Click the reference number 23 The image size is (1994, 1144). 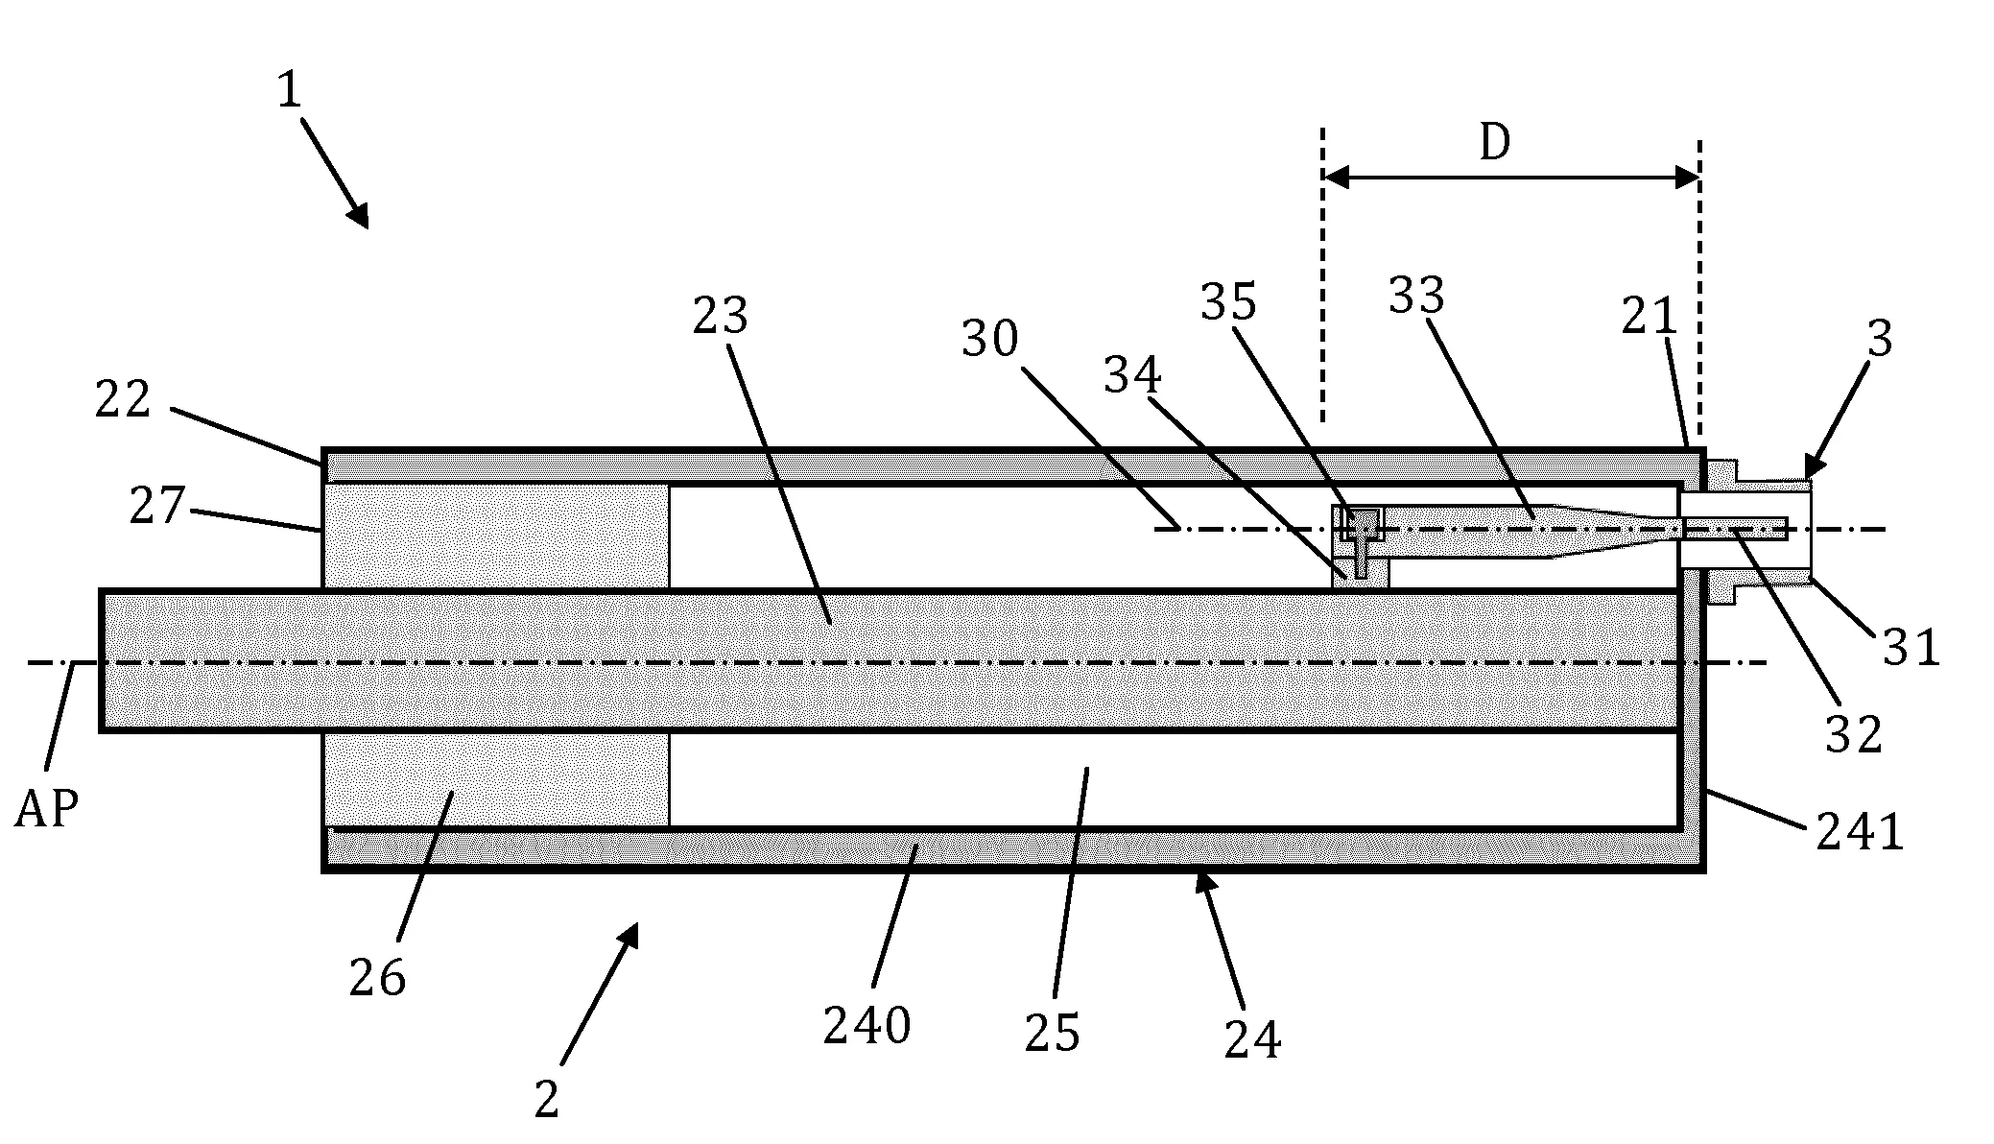[720, 315]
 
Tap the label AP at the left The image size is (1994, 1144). [46, 810]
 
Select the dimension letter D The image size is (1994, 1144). [1494, 143]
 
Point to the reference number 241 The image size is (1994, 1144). [1860, 832]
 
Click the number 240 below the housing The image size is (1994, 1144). [866, 1027]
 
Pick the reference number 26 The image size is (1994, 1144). [377, 978]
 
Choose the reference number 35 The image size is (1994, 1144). [1228, 302]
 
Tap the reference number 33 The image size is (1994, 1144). [1416, 296]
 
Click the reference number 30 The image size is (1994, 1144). [989, 339]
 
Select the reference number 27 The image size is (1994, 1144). [157, 505]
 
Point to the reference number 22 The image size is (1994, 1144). [123, 399]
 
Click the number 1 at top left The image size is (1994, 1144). [289, 91]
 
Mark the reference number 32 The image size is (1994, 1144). [1853, 735]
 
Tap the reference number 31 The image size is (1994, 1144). [1911, 648]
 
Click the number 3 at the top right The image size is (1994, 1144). [1880, 339]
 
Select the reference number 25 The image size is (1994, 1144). [1052, 1033]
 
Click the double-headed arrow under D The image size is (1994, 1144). [1511, 178]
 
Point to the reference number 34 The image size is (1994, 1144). [1132, 375]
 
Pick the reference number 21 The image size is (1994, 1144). [1649, 317]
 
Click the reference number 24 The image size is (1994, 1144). [1252, 1039]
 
